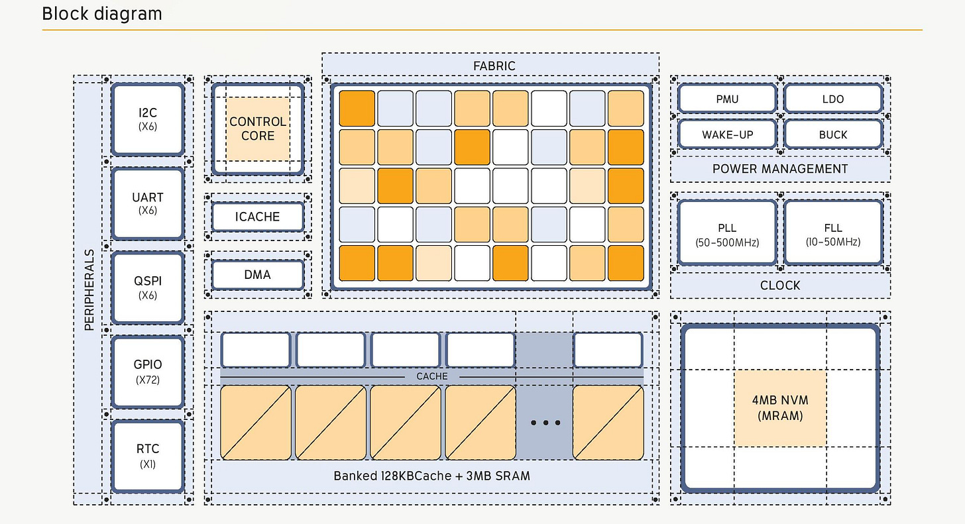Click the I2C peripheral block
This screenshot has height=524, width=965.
click(x=148, y=119)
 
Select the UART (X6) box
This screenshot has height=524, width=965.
click(x=148, y=203)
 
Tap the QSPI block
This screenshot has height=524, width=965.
click(x=148, y=287)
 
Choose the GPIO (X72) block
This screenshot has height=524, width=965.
click(x=148, y=371)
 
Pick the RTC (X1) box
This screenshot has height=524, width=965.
click(x=148, y=455)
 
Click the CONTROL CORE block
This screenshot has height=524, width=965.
click(x=258, y=129)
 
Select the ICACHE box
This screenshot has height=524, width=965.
click(x=258, y=217)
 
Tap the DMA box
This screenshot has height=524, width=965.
click(x=258, y=274)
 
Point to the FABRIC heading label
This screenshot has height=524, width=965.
click(x=494, y=66)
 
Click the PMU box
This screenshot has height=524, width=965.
click(x=727, y=99)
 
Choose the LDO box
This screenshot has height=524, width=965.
click(x=833, y=99)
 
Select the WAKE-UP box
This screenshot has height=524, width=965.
click(x=727, y=134)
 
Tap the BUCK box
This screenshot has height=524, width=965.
click(x=833, y=134)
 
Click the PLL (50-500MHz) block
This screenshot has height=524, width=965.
click(x=727, y=234)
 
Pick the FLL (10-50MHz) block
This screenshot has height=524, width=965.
click(x=833, y=234)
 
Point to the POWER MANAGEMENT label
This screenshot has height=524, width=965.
click(x=780, y=169)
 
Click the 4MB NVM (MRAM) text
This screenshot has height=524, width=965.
click(x=780, y=408)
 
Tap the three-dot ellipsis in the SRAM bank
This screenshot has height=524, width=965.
click(x=546, y=423)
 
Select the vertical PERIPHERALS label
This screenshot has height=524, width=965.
click(x=89, y=289)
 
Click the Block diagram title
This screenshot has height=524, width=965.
click(x=102, y=14)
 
